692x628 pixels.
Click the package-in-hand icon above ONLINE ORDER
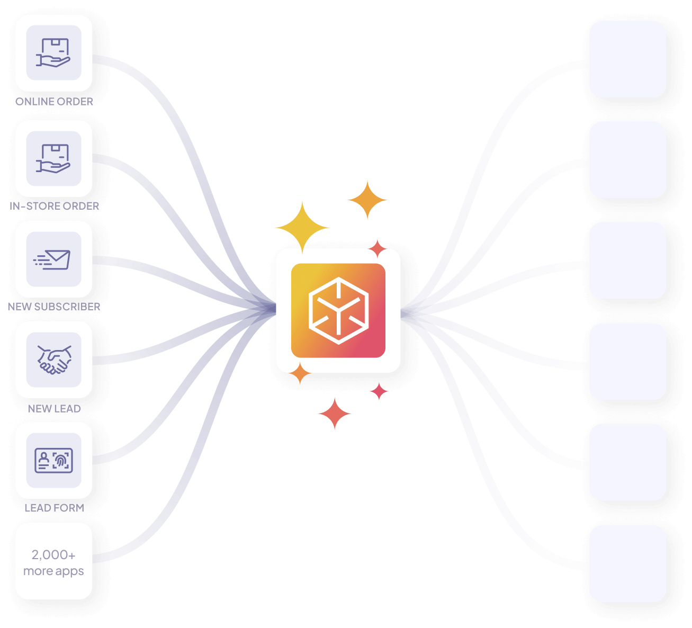pos(53,53)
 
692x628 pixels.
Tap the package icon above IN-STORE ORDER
pos(53,158)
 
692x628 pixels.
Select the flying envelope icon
pos(53,259)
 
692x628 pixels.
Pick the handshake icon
pos(54,360)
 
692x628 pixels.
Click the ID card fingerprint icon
pos(53,460)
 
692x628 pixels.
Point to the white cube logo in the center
pos(338,310)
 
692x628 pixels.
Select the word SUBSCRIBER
pos(67,307)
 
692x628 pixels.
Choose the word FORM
pos(69,508)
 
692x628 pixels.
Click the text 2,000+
pos(53,555)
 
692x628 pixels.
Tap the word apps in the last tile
pos(69,571)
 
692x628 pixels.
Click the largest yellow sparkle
pos(302,227)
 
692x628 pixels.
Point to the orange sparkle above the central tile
pos(367,200)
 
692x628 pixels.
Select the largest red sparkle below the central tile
pos(335,414)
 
